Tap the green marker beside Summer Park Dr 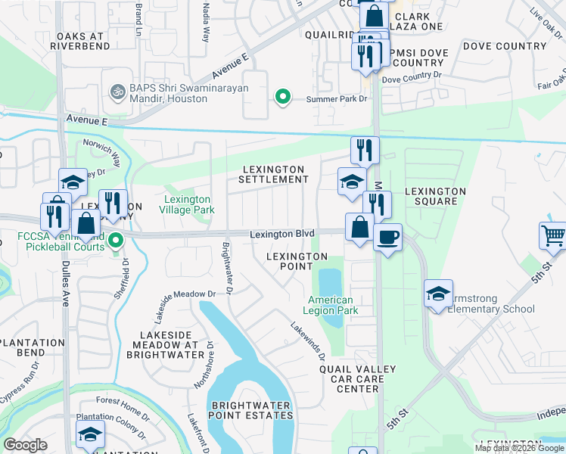[x=282, y=97]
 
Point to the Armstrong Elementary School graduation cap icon [x=438, y=294]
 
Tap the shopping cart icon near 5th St [x=553, y=235]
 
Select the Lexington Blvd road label [x=282, y=235]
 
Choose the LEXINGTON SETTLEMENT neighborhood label [x=273, y=174]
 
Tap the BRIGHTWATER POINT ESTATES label [x=251, y=410]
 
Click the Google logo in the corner [x=25, y=445]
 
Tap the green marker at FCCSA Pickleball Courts [x=115, y=242]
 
